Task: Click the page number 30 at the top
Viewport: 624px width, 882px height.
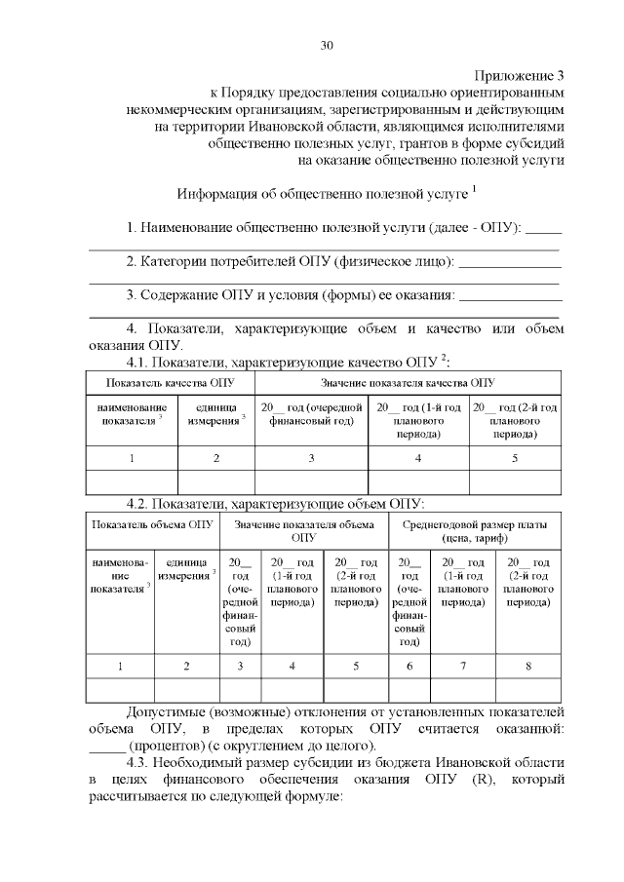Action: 327,46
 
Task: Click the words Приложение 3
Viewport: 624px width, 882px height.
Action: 520,75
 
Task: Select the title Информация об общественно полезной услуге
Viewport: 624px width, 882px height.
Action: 322,193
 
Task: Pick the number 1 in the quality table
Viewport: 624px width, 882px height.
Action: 132,457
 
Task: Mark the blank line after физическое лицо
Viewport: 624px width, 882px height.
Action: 509,261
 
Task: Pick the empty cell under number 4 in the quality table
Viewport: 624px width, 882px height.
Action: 418,481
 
